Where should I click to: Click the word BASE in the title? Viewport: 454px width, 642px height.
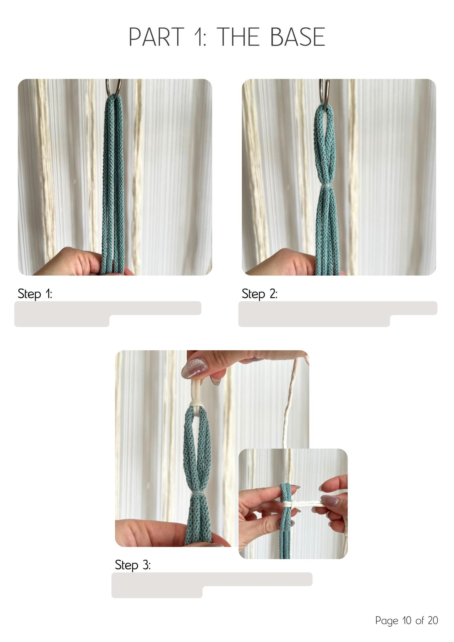[x=297, y=37]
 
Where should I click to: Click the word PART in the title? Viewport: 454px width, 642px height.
[x=156, y=37]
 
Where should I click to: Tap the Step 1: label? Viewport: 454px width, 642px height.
[x=35, y=294]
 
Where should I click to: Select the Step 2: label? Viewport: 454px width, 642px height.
[x=260, y=294]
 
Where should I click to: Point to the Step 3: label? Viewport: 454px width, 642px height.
[x=133, y=565]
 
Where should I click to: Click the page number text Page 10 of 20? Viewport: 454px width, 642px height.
[x=407, y=620]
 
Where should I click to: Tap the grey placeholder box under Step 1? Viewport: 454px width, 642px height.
[x=108, y=314]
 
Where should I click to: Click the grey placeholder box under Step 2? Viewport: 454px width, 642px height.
[x=338, y=314]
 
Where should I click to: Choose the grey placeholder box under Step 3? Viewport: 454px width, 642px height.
[x=212, y=585]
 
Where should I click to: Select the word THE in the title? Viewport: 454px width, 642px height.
[x=238, y=37]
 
